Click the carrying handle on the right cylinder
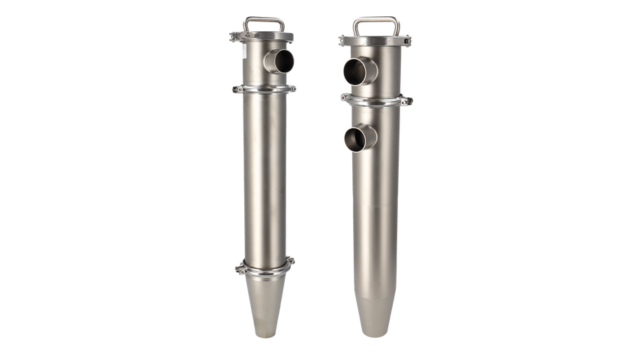click(x=374, y=20)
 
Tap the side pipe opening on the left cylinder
click(x=283, y=62)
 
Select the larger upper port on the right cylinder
click(x=359, y=70)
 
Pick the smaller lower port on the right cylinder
click(x=359, y=138)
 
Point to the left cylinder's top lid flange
click(x=264, y=38)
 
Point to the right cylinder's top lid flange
click(x=375, y=41)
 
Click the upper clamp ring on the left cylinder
click(x=264, y=90)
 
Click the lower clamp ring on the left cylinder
click(x=264, y=267)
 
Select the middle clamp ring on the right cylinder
click(x=376, y=100)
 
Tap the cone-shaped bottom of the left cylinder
click(x=264, y=305)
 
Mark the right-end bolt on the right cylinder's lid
click(x=407, y=40)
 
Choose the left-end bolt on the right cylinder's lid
click(x=343, y=40)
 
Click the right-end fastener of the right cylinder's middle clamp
click(x=408, y=100)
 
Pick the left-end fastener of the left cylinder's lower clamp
click(x=240, y=267)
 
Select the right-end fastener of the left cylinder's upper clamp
click(x=291, y=89)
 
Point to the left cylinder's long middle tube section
click(x=264, y=180)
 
